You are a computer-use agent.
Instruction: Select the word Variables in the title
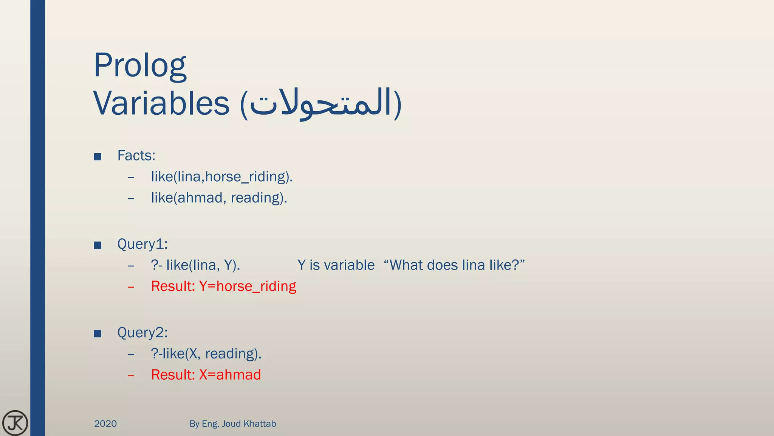pyautogui.click(x=161, y=103)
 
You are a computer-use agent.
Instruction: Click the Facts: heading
pyautogui.click(x=136, y=156)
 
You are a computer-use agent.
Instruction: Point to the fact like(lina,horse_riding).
pyautogui.click(x=222, y=177)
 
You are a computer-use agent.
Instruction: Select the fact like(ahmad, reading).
pyautogui.click(x=219, y=198)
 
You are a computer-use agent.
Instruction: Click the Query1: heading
pyautogui.click(x=142, y=244)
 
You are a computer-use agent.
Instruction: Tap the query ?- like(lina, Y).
pyautogui.click(x=195, y=265)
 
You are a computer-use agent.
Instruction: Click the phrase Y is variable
pyautogui.click(x=336, y=265)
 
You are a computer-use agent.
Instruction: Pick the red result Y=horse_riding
pyautogui.click(x=223, y=287)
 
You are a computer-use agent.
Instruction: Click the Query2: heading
pyautogui.click(x=142, y=333)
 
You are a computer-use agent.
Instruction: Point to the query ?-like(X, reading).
pyautogui.click(x=206, y=354)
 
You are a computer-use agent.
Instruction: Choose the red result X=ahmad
pyautogui.click(x=206, y=375)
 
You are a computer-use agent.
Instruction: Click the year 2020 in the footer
pyautogui.click(x=105, y=424)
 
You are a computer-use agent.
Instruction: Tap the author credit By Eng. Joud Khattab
pyautogui.click(x=232, y=424)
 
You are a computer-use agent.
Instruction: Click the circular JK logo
pyautogui.click(x=15, y=423)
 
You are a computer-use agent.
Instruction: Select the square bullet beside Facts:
pyautogui.click(x=98, y=157)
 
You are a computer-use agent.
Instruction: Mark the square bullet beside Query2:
pyautogui.click(x=98, y=334)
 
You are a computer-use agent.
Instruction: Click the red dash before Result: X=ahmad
pyautogui.click(x=131, y=375)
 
